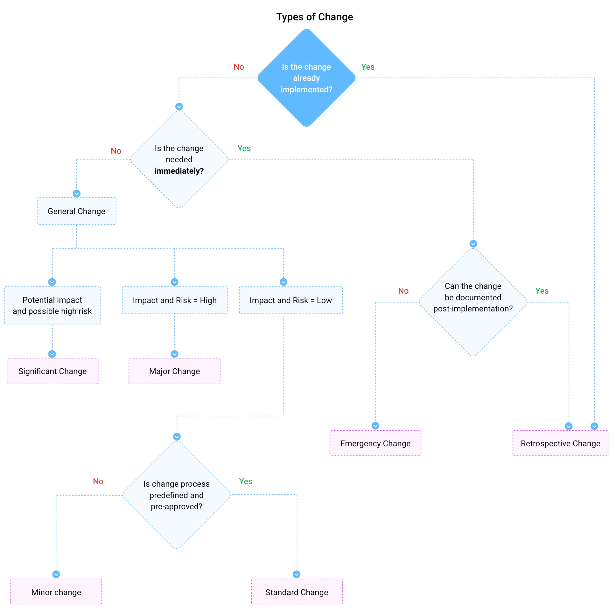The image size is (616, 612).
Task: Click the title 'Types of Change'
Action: pos(314,17)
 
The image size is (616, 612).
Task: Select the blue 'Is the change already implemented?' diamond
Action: pos(306,78)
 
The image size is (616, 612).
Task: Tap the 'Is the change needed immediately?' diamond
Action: pos(179,159)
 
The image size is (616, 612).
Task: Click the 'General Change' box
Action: pos(76,211)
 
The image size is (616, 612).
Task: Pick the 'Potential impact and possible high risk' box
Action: pos(52,305)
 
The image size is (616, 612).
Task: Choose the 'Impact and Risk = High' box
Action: pos(175,300)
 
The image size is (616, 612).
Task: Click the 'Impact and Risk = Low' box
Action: pos(291,300)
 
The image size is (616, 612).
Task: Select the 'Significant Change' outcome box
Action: pos(52,371)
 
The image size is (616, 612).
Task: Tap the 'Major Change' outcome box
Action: pos(175,371)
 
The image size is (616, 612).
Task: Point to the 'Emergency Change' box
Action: pos(375,443)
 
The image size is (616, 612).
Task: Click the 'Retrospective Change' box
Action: pos(560,443)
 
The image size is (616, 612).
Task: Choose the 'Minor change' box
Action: pos(56,592)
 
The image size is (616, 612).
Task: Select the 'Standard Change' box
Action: pos(297,592)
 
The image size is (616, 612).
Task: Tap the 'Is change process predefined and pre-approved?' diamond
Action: pos(177,495)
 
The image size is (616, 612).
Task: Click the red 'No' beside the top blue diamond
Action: pos(239,67)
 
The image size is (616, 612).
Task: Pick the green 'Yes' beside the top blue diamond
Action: pos(368,67)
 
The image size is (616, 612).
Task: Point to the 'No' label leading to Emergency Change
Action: pos(403,291)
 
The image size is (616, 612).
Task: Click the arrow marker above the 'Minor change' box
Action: pos(56,574)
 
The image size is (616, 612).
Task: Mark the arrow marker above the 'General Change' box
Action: pos(76,193)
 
